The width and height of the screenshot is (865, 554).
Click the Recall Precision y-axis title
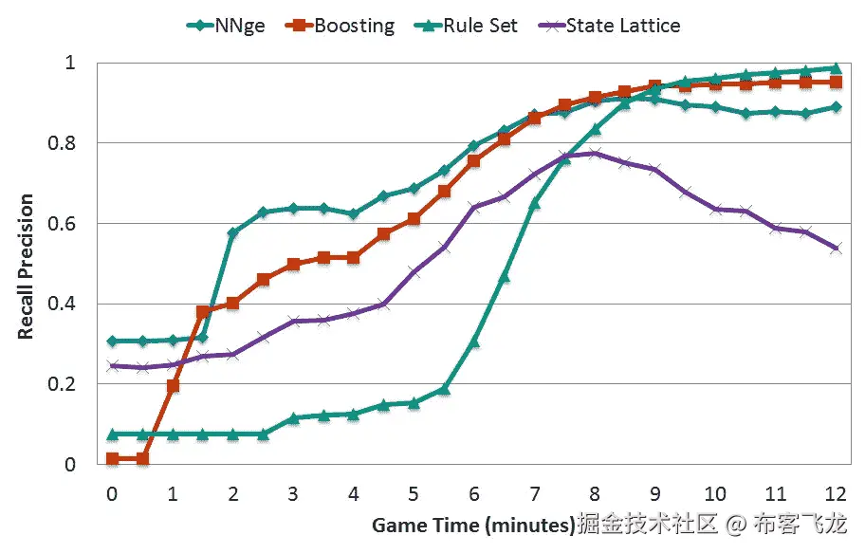pyautogui.click(x=26, y=268)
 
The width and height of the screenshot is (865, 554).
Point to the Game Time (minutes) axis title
pyautogui.click(x=473, y=525)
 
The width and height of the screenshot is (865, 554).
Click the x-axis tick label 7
pyautogui.click(x=534, y=494)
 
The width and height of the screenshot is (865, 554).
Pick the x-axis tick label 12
pyautogui.click(x=836, y=494)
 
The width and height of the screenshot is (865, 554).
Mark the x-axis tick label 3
pyautogui.click(x=293, y=494)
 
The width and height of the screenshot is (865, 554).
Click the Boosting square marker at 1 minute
pyautogui.click(x=173, y=386)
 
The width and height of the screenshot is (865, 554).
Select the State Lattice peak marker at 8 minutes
pyautogui.click(x=595, y=153)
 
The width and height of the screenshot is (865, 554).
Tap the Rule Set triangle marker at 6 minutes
pyautogui.click(x=474, y=342)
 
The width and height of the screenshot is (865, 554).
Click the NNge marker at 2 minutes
pyautogui.click(x=233, y=232)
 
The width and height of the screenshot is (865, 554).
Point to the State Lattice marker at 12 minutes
pyautogui.click(x=836, y=249)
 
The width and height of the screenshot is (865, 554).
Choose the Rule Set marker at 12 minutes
pyautogui.click(x=836, y=67)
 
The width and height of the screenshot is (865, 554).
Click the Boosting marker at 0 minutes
pyautogui.click(x=113, y=459)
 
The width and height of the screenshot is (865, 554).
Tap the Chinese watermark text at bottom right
pyautogui.click(x=711, y=524)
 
